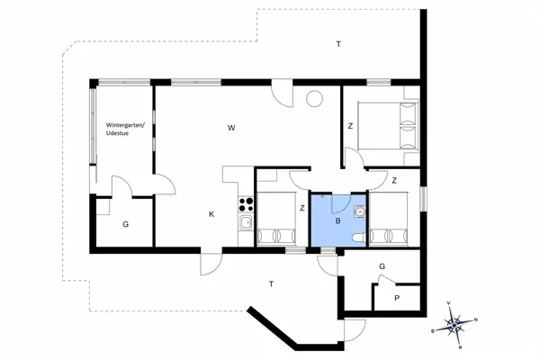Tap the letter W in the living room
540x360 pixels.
point(231,129)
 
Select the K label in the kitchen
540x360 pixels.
point(211,213)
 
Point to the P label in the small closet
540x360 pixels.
point(397,298)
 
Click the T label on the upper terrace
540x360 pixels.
point(338,44)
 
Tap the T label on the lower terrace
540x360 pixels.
point(270,284)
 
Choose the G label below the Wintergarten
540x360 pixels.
point(125,223)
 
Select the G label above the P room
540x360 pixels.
point(382,266)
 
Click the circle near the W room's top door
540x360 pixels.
point(315,100)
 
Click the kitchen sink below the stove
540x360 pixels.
point(244,222)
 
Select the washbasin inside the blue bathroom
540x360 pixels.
point(360,212)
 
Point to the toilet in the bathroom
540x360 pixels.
point(359,237)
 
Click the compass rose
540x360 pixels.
point(456,321)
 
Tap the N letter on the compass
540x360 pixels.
point(476,320)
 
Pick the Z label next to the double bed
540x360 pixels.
point(350,126)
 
